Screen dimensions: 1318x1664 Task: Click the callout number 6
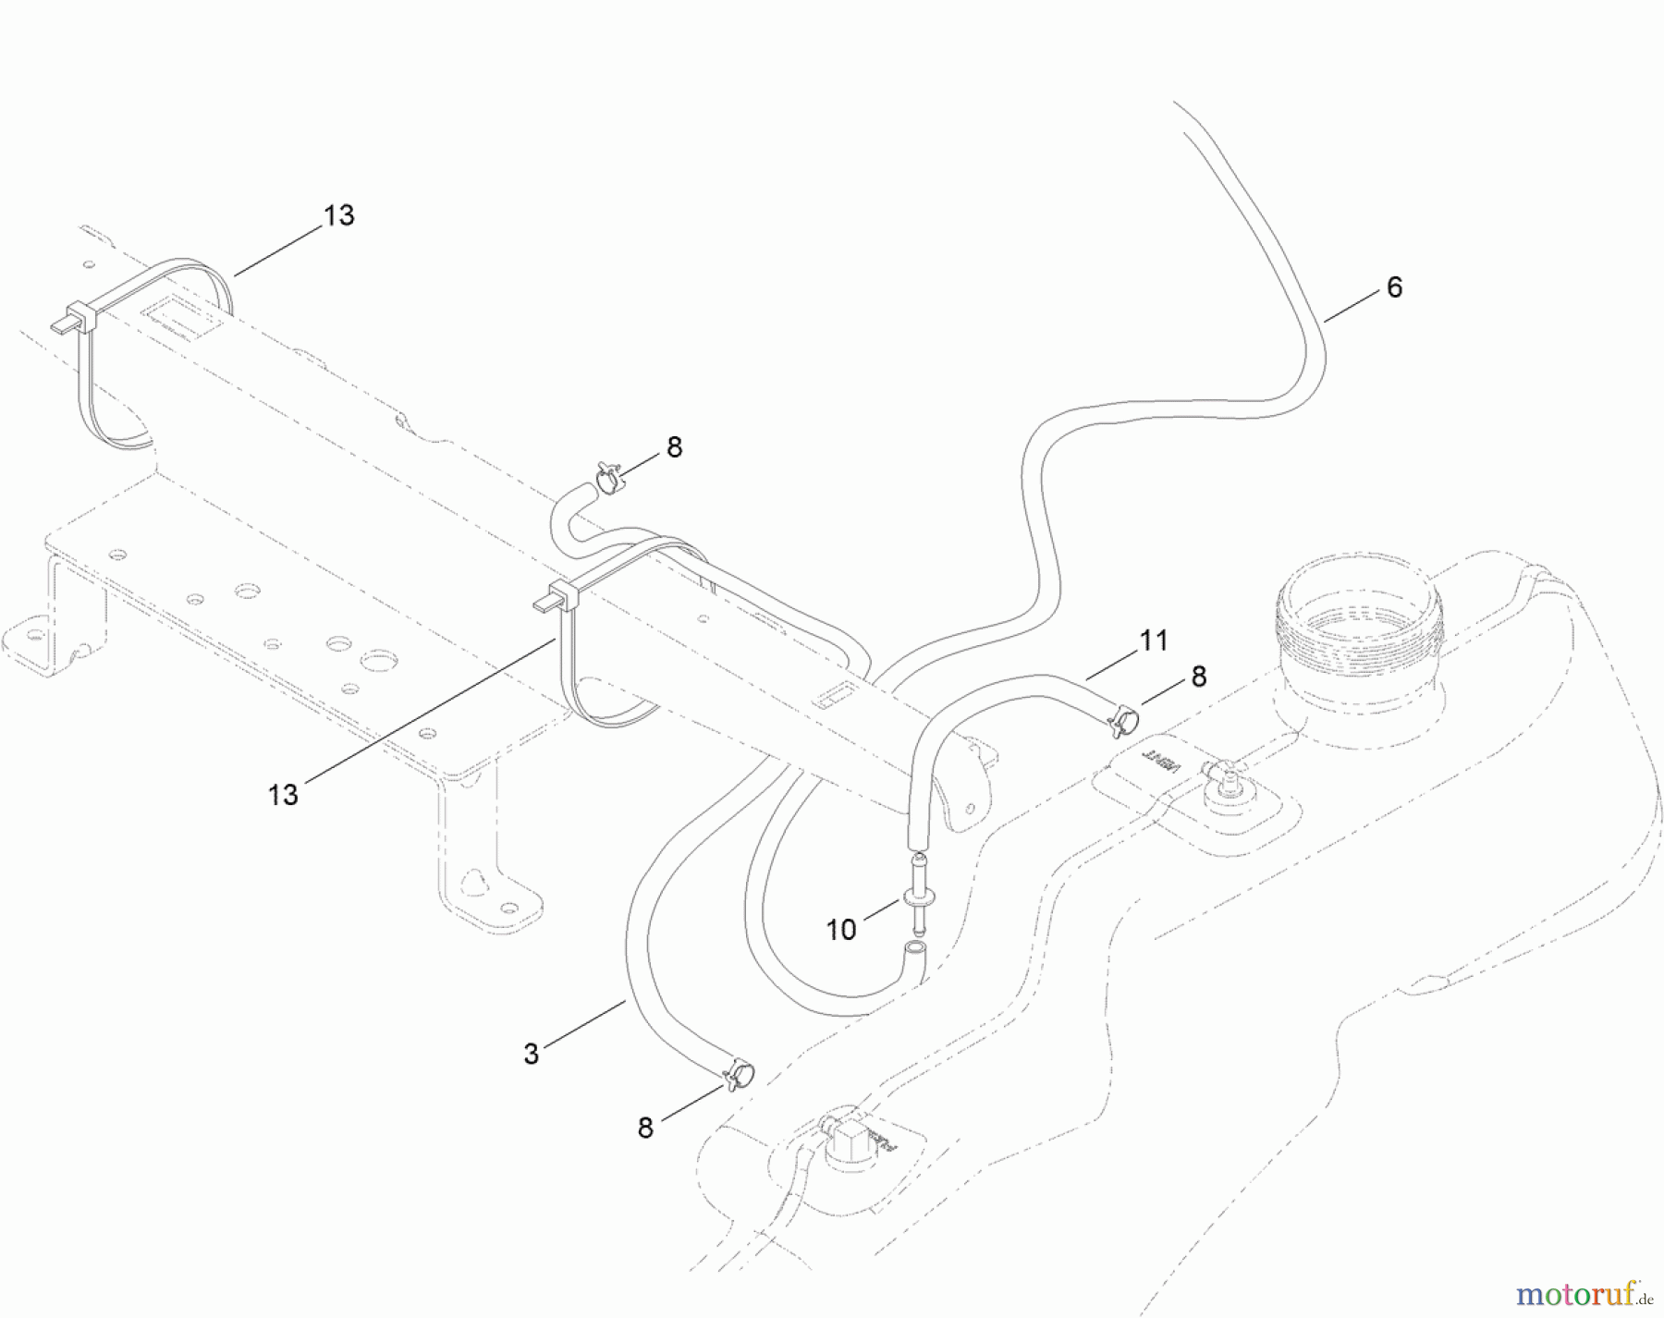(x=1394, y=287)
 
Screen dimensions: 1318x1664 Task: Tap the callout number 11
(x=1154, y=640)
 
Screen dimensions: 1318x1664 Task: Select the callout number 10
(x=840, y=930)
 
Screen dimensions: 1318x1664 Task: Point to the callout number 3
(x=531, y=1054)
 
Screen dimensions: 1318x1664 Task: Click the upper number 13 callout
(x=339, y=215)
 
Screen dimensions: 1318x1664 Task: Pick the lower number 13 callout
(x=283, y=794)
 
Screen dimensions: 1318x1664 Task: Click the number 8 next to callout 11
(x=1199, y=677)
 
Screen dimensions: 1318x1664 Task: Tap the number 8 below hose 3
(x=645, y=1128)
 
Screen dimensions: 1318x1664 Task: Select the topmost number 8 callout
(x=674, y=447)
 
